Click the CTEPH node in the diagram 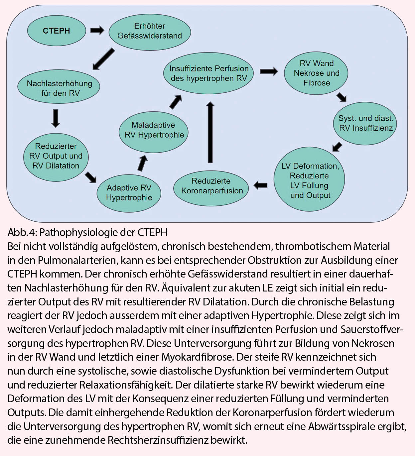[56, 31]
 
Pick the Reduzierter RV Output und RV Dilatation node [56, 156]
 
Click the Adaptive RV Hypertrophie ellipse [129, 192]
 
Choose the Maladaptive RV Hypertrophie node [154, 130]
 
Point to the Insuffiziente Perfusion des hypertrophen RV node [209, 73]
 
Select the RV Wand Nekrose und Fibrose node [316, 73]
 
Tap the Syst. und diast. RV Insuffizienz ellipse [365, 123]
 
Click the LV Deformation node [310, 180]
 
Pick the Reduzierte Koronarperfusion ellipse [211, 186]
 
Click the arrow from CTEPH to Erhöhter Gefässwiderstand [97, 31]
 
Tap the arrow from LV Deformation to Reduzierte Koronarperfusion [261, 185]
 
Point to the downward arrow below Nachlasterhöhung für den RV [56, 118]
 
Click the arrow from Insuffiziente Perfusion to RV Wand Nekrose [269, 71]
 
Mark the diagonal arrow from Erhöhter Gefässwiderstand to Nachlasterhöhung [103, 59]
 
